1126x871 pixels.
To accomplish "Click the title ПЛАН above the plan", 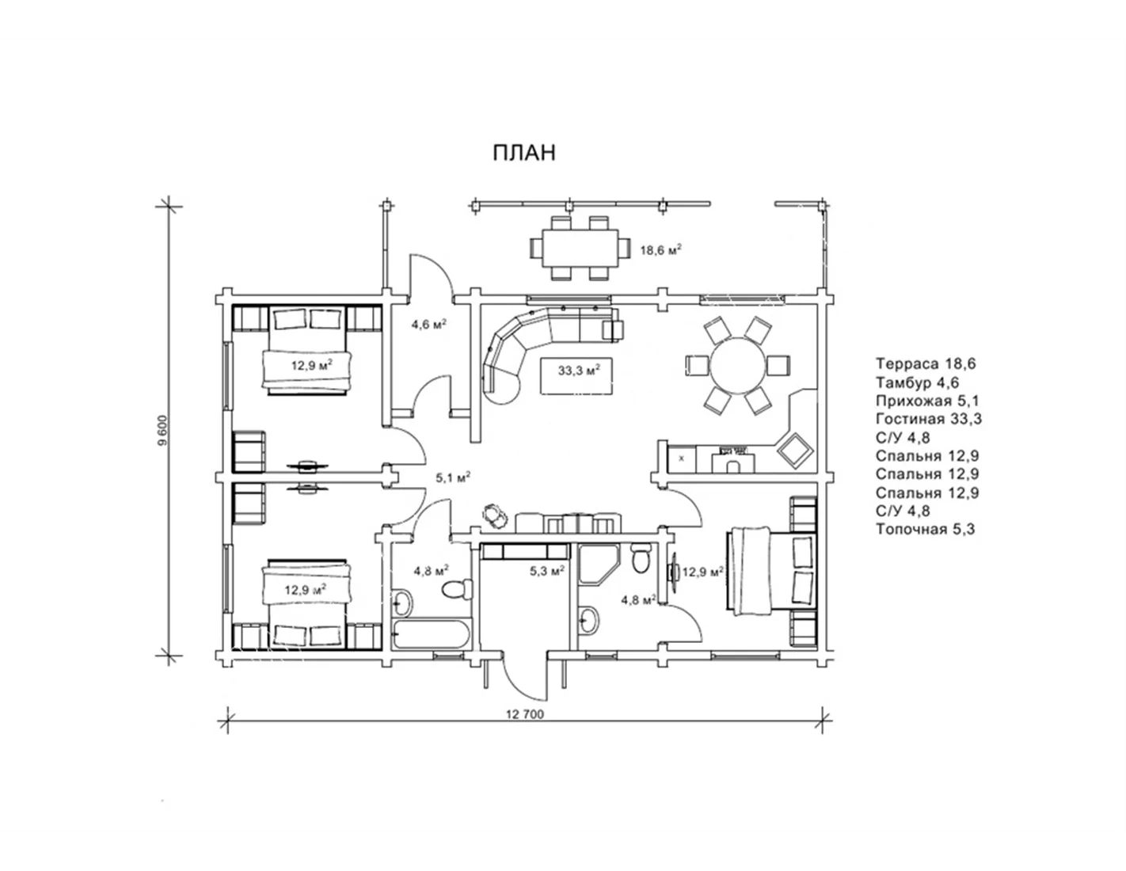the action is coord(524,153).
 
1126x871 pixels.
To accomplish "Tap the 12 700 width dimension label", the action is coord(525,714).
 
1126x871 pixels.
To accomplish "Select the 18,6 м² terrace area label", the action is coord(660,250).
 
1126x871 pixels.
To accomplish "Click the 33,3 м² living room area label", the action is coord(579,370).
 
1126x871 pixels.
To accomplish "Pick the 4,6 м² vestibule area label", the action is coord(429,325).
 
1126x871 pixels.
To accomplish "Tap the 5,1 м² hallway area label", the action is coord(453,477).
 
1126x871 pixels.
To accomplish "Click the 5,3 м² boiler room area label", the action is coord(546,571).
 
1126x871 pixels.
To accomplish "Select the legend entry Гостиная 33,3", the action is coord(929,418).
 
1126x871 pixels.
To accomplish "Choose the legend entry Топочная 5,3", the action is coord(926,529).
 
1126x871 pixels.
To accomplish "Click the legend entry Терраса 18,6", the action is coord(926,363).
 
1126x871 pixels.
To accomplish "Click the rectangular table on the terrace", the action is coord(580,248).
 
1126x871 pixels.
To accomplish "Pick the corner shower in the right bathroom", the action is coord(599,565).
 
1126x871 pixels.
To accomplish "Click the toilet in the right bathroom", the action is coord(641,558).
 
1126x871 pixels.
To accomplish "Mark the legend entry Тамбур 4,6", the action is coord(918,382).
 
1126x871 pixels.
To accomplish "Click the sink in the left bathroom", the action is coord(402,603).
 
